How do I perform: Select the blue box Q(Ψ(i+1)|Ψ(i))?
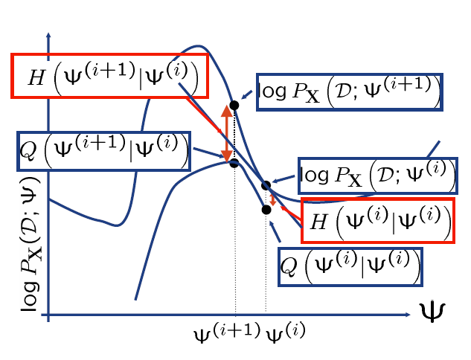103,151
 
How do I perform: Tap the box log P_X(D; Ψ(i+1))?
349,92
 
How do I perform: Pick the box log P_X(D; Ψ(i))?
376,176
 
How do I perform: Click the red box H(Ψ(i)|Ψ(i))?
378,220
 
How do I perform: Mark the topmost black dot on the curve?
234,106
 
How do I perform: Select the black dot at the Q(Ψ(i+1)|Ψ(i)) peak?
234,163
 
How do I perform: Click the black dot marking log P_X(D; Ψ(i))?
266,184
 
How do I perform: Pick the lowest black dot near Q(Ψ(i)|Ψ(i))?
266,210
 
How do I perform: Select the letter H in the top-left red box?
35,75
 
